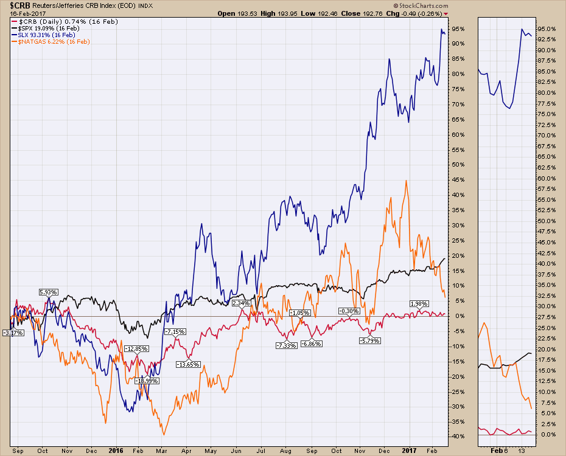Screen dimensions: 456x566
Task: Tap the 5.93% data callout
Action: (48, 292)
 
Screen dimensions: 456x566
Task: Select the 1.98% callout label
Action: (419, 303)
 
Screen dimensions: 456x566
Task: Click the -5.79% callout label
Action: (369, 340)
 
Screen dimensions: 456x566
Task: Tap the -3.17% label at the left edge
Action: (13, 333)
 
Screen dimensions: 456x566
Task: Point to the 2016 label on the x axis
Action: (115, 451)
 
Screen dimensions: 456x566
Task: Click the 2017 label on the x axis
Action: (414, 451)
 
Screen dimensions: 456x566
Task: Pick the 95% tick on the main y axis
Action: (458, 29)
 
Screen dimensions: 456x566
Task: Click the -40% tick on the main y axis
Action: (458, 437)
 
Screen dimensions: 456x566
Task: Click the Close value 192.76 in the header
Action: (403, 13)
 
